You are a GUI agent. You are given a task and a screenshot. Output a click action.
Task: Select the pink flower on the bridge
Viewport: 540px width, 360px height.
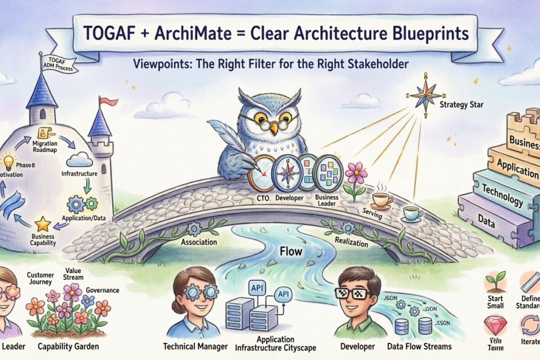click(356, 173)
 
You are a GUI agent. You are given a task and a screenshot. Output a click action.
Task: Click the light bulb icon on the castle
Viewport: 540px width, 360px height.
click(8, 161)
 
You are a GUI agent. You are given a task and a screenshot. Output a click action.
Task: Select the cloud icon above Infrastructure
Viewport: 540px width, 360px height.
click(79, 159)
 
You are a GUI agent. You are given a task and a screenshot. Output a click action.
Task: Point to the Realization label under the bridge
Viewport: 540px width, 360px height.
click(351, 241)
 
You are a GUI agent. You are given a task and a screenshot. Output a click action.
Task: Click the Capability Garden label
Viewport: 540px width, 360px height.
click(68, 347)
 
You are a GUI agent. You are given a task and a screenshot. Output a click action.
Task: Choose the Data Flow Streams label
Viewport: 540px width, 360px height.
click(419, 346)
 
